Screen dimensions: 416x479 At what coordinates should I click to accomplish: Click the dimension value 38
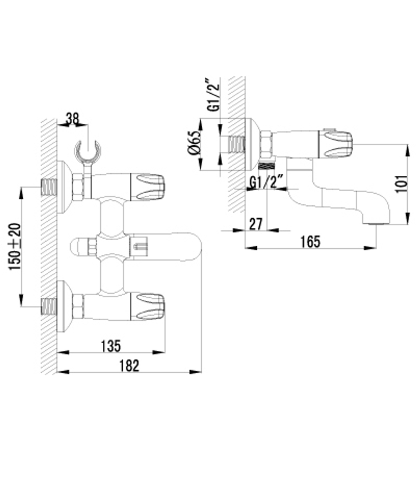[x=72, y=119]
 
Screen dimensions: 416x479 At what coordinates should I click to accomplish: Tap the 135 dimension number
[x=111, y=345]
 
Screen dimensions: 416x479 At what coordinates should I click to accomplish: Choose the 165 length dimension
[x=310, y=241]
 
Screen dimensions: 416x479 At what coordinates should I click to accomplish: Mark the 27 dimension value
[x=255, y=224]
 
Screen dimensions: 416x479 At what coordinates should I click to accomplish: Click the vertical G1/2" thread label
[x=213, y=95]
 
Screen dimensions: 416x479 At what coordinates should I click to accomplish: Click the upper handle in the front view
[x=148, y=186]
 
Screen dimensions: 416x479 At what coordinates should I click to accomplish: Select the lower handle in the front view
[x=148, y=307]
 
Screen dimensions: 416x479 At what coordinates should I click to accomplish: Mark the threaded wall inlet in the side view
[x=236, y=144]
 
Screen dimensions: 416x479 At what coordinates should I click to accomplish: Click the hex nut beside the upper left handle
[x=78, y=186]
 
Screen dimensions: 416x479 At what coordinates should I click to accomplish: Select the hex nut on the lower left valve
[x=78, y=307]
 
